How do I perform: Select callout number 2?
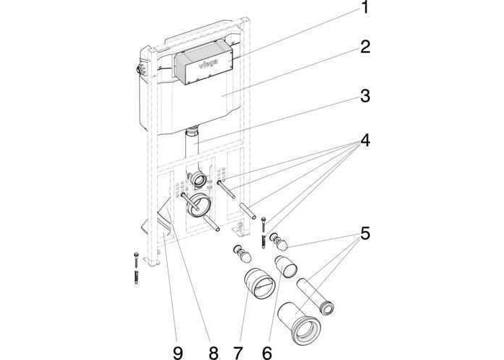[365, 48]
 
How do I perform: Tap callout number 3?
[365, 96]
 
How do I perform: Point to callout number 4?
[365, 141]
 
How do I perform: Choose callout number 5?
[365, 234]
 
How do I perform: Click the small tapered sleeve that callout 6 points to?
[287, 268]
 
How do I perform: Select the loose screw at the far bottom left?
[135, 266]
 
